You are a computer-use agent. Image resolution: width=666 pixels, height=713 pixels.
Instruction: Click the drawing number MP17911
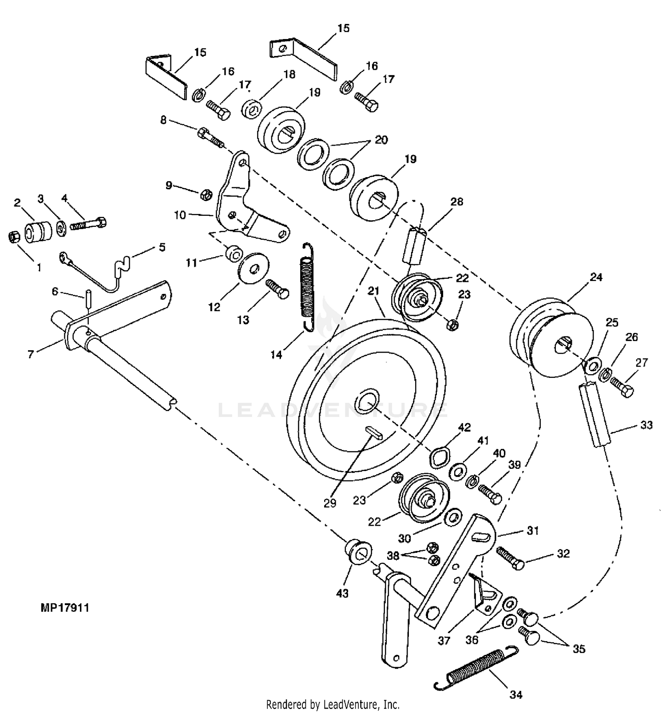[x=65, y=608]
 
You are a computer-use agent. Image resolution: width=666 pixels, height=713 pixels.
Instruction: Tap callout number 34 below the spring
[x=516, y=695]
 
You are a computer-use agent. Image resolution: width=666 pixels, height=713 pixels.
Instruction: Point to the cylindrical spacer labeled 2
[x=39, y=233]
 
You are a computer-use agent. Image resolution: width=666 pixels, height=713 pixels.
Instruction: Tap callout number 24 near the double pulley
[x=596, y=277]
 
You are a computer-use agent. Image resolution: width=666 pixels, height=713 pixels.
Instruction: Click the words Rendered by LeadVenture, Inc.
[x=333, y=704]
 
